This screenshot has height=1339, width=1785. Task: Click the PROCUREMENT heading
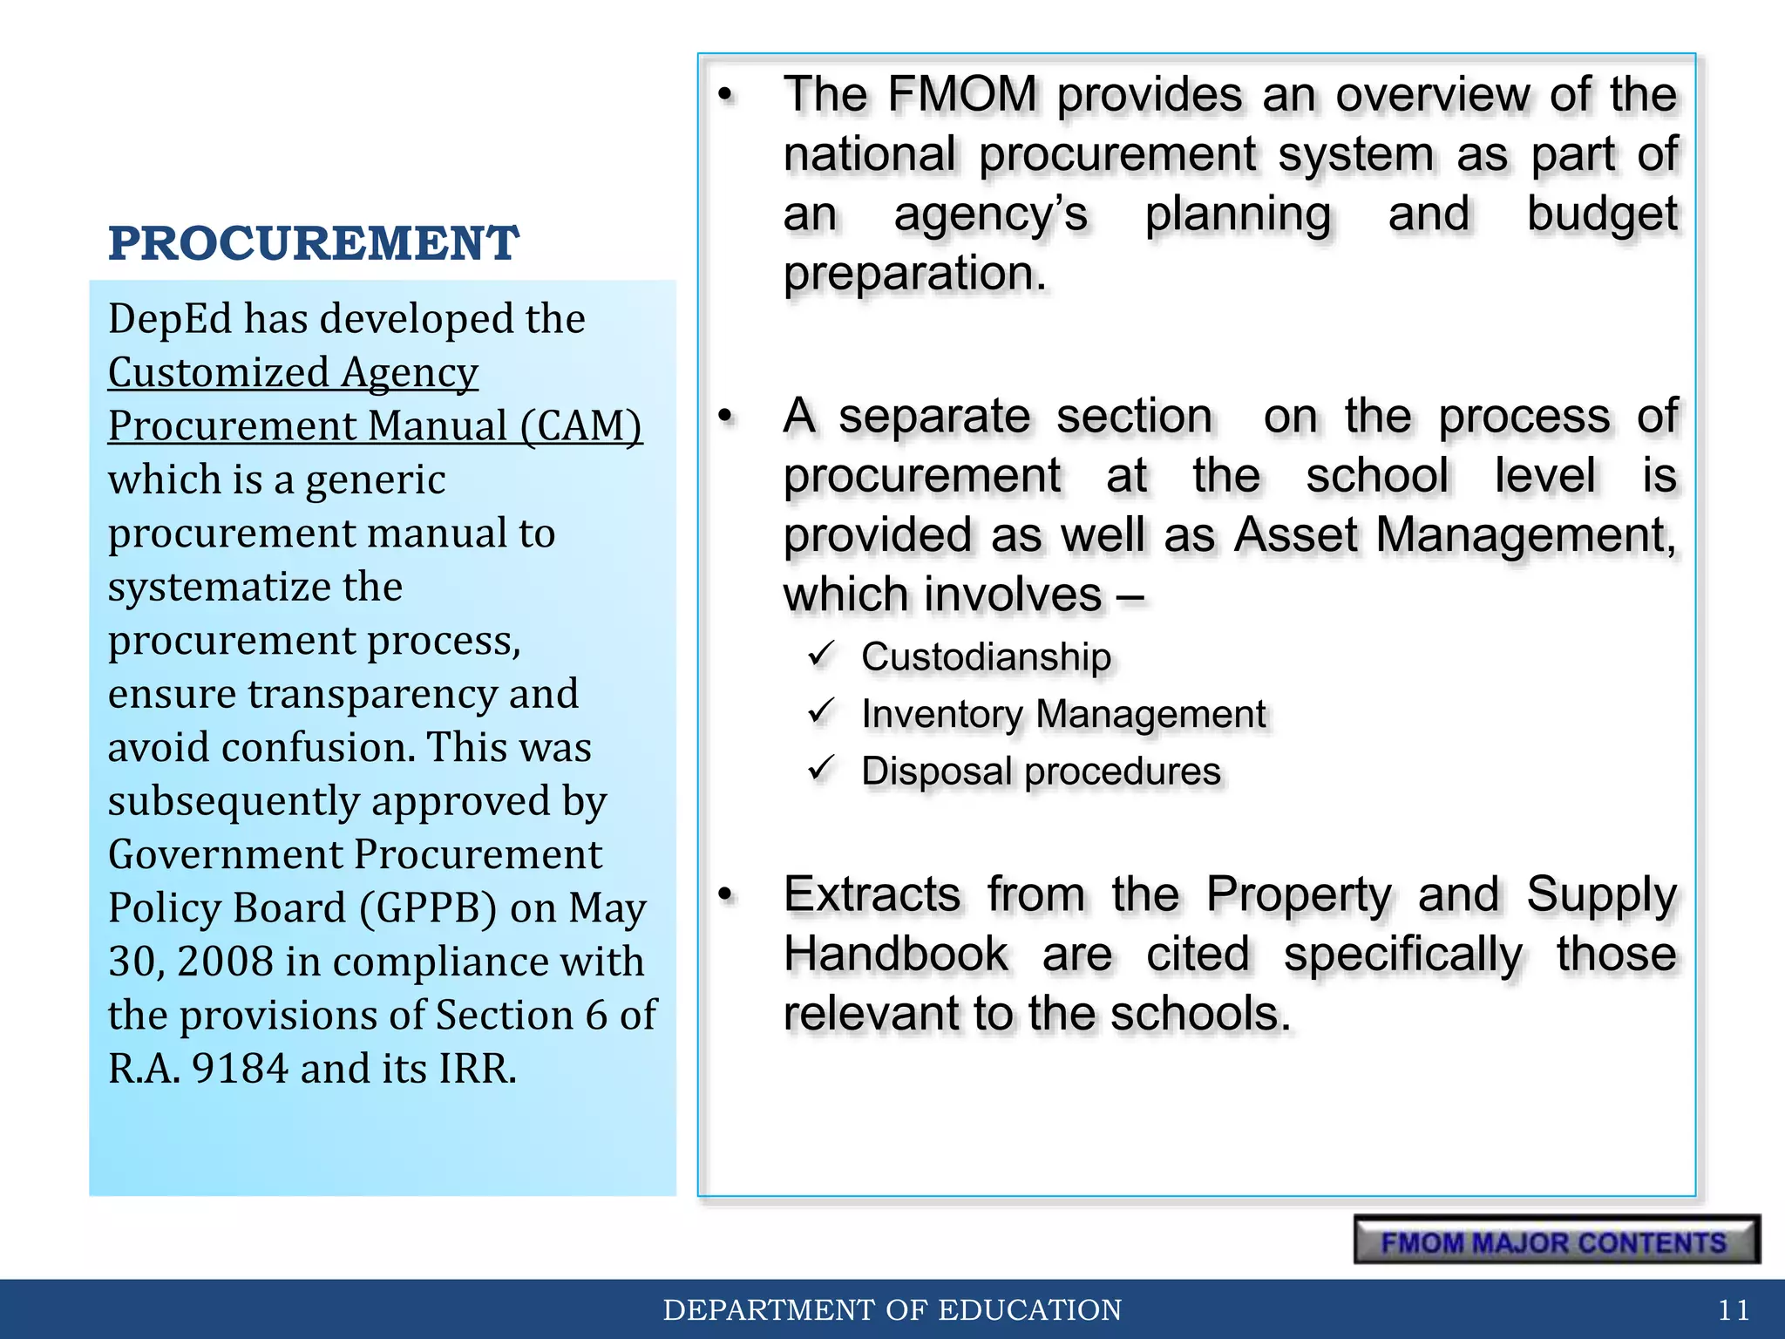coord(314,243)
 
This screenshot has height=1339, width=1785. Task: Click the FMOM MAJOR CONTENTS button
coord(1555,1240)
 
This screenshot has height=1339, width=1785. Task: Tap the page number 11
coord(1733,1309)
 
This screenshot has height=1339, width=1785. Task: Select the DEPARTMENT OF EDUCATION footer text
coord(892,1309)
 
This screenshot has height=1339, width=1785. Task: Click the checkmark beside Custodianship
coord(822,654)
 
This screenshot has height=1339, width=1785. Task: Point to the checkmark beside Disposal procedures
coord(822,769)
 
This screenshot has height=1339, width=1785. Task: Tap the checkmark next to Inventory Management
coord(822,711)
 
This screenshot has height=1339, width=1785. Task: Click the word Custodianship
coord(986,657)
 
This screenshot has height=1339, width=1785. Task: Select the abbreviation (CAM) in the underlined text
coord(581,426)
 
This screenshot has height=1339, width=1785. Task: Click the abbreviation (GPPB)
coord(428,908)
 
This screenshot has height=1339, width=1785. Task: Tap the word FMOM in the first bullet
coord(962,94)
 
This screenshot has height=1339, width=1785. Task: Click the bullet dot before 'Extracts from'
coord(726,894)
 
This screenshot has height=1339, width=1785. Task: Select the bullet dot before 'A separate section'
coord(726,417)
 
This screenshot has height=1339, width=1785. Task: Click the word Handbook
coord(895,954)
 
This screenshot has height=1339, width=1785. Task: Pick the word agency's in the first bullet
coord(991,214)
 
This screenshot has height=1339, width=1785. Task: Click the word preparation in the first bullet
coord(914,274)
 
